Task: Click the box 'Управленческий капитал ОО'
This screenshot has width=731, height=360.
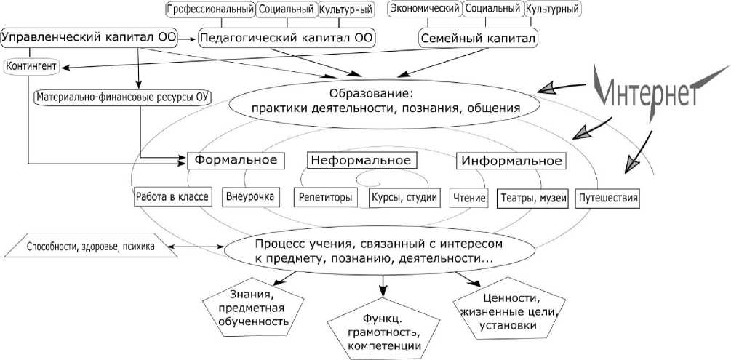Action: coord(89,36)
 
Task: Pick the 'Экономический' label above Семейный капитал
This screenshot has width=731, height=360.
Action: coord(425,9)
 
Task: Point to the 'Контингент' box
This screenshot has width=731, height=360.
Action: coord(32,67)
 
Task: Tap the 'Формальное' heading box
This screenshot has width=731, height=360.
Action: coord(234,160)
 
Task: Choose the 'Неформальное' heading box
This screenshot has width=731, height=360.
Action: coord(359,160)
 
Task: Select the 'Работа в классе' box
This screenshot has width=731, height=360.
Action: coord(172,197)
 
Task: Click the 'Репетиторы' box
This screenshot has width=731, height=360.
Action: coord(324,197)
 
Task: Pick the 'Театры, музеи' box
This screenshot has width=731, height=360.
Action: coord(532,197)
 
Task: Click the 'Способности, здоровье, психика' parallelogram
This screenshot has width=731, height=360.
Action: coord(90,247)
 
